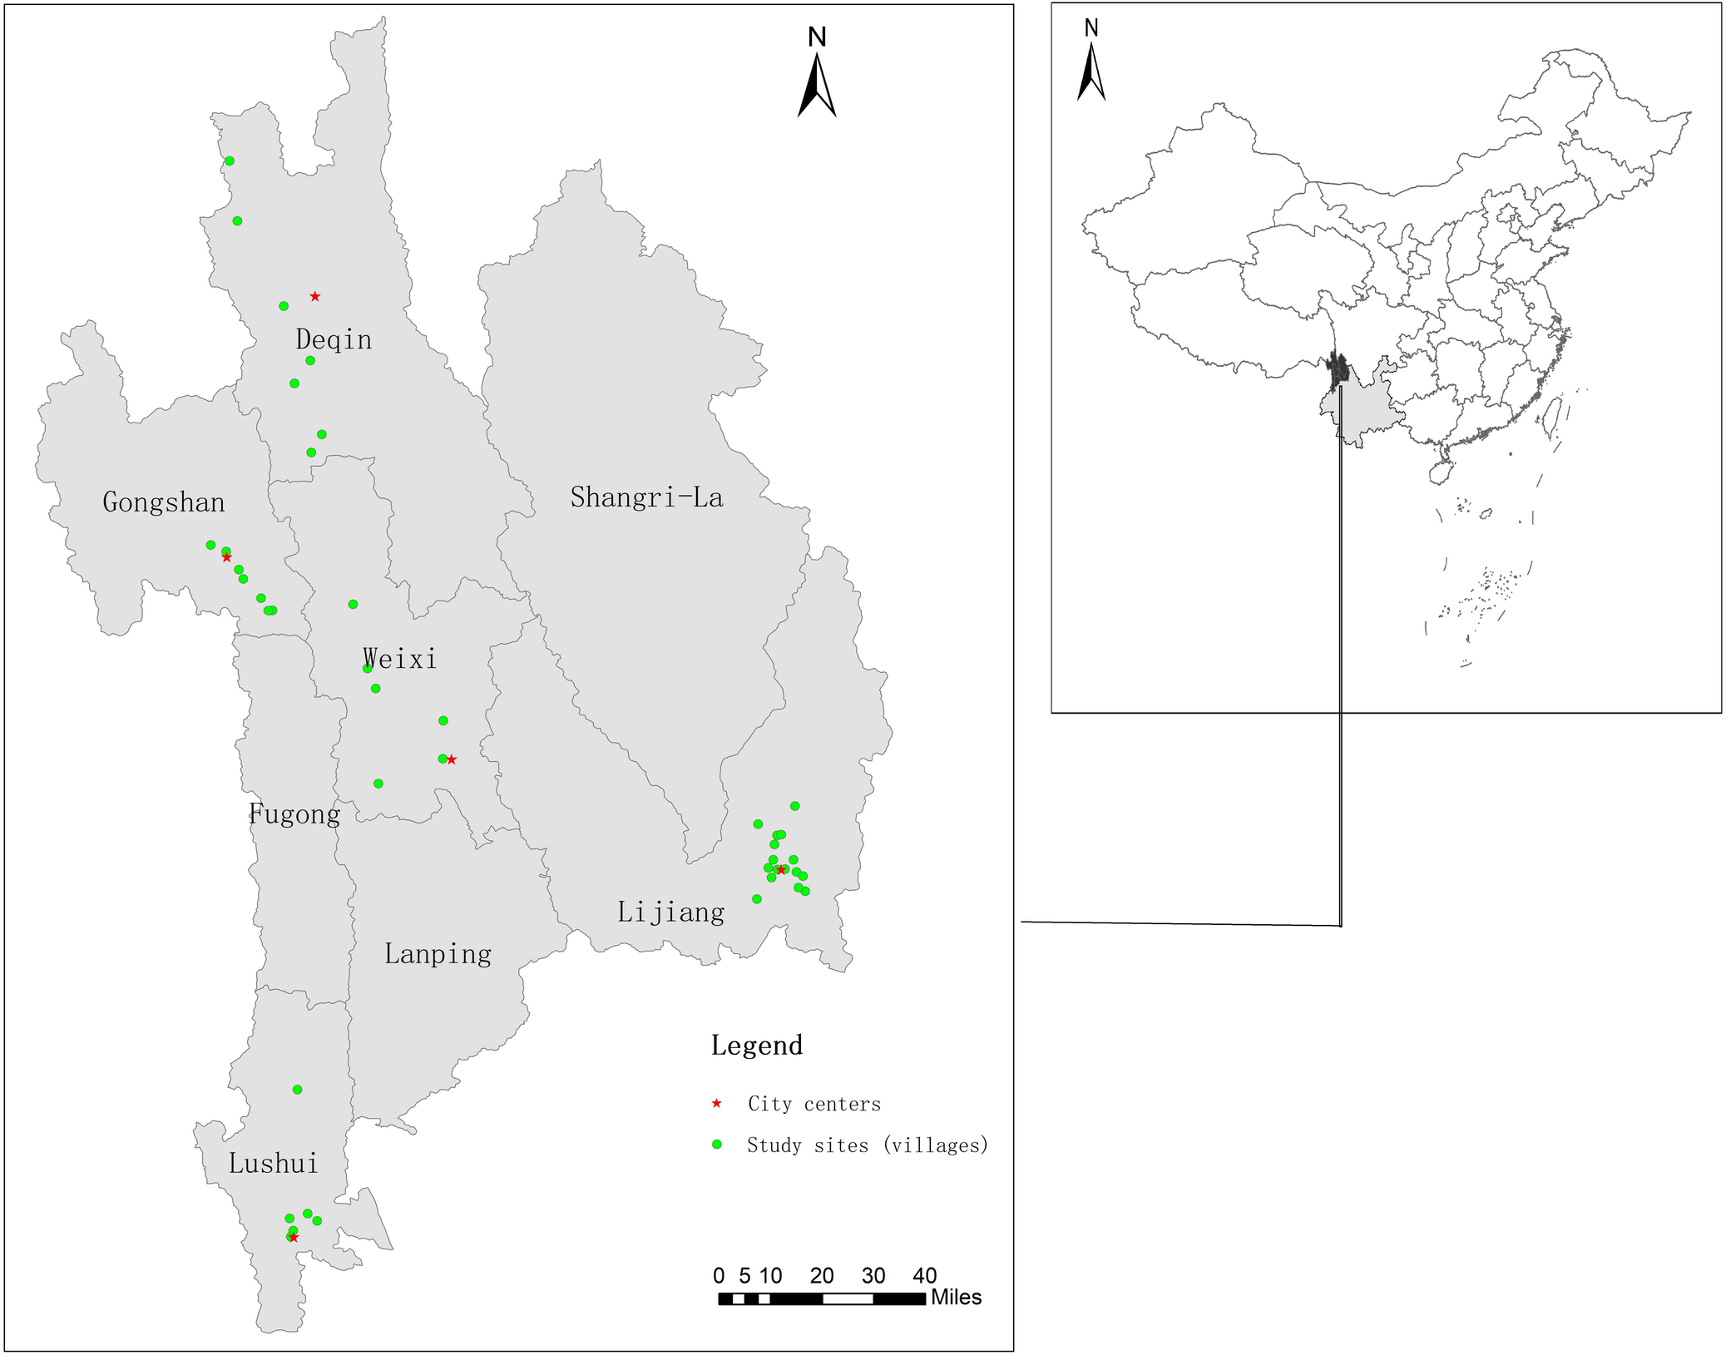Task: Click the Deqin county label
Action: (x=334, y=339)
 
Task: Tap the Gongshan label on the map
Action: (x=164, y=502)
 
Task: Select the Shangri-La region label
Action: (x=646, y=497)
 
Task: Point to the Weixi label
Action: (x=400, y=659)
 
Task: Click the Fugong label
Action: (x=294, y=813)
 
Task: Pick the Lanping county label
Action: (x=438, y=953)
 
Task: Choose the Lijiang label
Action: (x=670, y=912)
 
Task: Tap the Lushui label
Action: (x=274, y=1163)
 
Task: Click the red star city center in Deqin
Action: (x=315, y=296)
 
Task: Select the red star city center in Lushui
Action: (x=294, y=1238)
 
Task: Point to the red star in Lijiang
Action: (x=780, y=870)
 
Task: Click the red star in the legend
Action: (x=716, y=1104)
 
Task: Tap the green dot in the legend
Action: (x=716, y=1145)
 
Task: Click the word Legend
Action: (x=757, y=1046)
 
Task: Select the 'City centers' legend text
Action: (x=814, y=1104)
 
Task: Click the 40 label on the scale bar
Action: (x=924, y=1276)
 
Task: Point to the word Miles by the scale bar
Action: (x=956, y=1298)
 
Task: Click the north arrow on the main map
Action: (x=817, y=83)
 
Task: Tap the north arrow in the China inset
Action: (x=1091, y=71)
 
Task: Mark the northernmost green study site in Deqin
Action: (x=230, y=161)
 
